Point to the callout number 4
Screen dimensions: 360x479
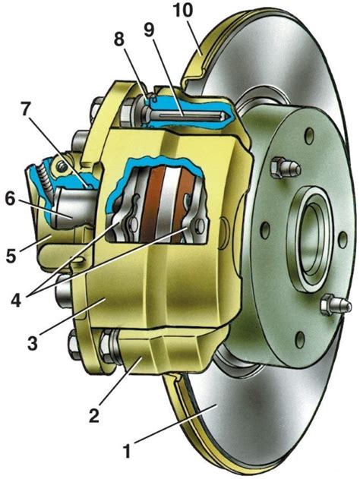[x=16, y=296]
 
